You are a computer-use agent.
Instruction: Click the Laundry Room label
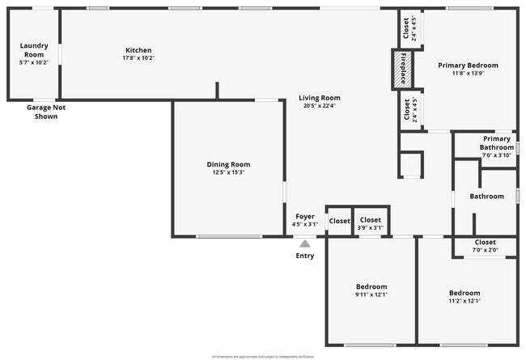(x=34, y=50)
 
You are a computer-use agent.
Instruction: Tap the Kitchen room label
(x=138, y=49)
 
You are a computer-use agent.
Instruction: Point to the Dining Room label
(x=228, y=164)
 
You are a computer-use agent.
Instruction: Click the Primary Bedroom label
(x=468, y=65)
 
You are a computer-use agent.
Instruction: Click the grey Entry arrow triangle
(x=305, y=243)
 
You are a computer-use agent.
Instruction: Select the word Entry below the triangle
(x=305, y=256)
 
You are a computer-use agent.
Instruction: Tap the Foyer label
(x=305, y=216)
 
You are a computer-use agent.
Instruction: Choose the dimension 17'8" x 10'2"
(x=138, y=58)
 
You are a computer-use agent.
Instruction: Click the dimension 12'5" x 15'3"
(x=228, y=172)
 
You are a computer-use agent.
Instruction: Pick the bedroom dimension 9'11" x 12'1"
(x=371, y=294)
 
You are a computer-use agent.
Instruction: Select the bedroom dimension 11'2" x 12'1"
(x=464, y=301)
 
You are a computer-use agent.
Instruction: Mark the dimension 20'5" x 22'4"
(x=320, y=106)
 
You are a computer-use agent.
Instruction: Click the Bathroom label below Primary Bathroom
(x=487, y=196)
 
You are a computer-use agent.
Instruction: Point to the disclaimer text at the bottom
(x=263, y=356)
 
